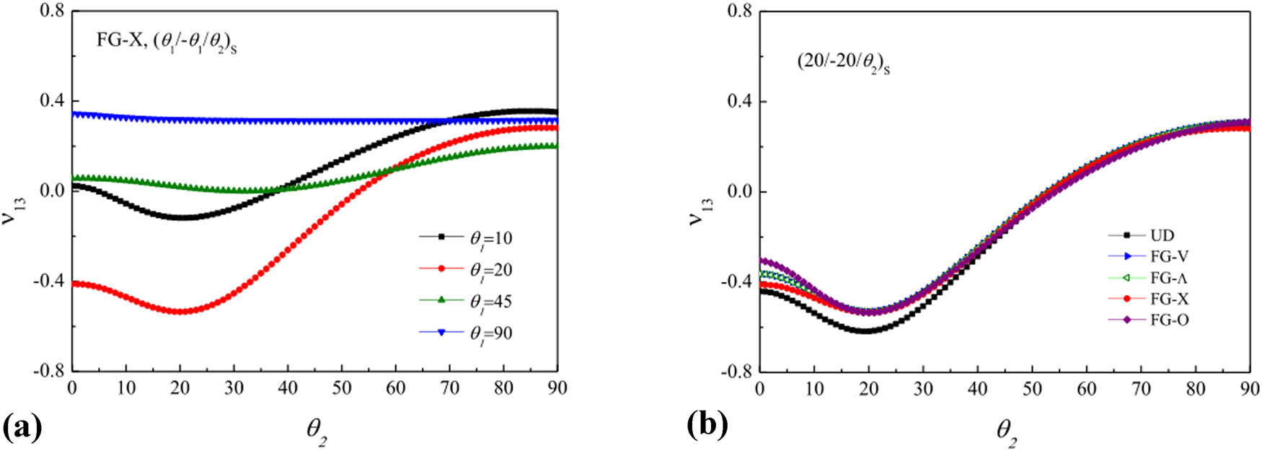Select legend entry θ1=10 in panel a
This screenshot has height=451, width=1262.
(466, 238)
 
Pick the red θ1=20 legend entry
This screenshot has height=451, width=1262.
(466, 270)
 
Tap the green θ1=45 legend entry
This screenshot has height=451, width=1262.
(466, 301)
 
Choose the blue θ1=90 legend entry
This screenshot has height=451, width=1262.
(466, 333)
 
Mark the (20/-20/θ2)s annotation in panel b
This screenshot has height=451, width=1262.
(842, 64)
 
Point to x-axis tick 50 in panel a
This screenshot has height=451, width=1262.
(342, 388)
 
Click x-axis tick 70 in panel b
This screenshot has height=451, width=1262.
(1141, 389)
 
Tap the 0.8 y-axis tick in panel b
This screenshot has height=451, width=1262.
(738, 12)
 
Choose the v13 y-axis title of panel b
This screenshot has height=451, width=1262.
(699, 210)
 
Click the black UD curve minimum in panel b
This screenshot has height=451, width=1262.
(865, 331)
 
